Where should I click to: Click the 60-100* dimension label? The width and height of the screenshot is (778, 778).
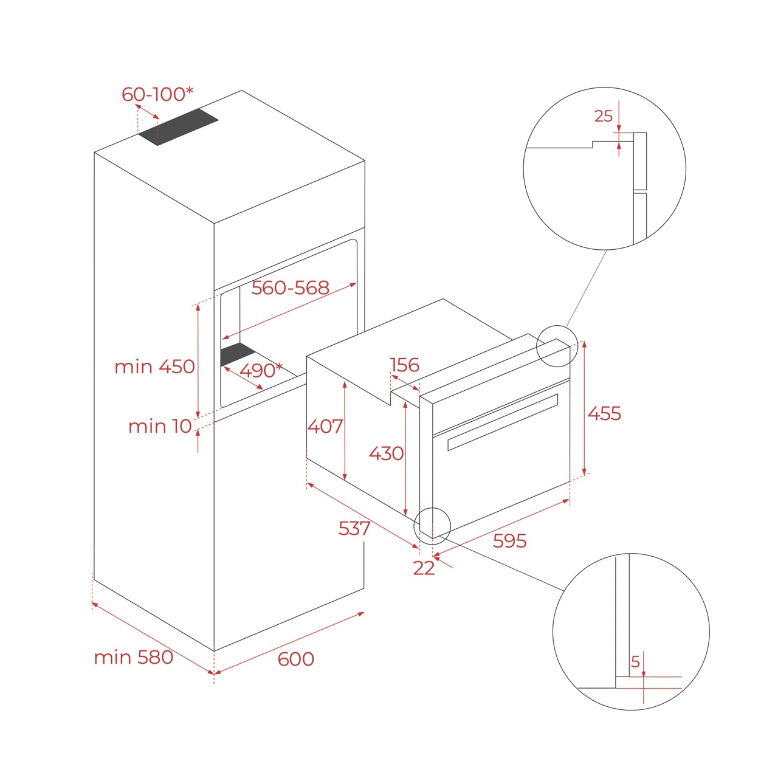[x=157, y=94]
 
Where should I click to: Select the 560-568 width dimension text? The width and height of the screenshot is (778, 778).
[x=290, y=287]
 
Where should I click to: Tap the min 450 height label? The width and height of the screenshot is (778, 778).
[x=154, y=367]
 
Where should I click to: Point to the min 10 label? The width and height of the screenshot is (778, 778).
[x=160, y=426]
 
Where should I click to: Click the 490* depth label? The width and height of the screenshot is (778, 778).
[x=261, y=370]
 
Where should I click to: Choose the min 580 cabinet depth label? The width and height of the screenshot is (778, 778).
[x=133, y=657]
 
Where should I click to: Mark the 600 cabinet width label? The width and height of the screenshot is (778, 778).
[x=295, y=659]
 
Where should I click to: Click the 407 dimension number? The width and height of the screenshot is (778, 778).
[x=325, y=426]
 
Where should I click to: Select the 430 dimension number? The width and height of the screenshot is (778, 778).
[x=386, y=453]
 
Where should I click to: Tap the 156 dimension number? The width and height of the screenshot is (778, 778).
[x=404, y=365]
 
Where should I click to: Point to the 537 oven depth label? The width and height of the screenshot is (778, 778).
[x=354, y=528]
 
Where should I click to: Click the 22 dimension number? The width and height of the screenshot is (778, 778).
[x=424, y=568]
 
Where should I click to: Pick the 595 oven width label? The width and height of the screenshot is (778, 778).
[x=509, y=540]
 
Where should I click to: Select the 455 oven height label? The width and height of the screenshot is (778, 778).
[x=604, y=413]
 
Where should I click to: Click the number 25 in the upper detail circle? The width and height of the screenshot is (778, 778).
[x=603, y=116]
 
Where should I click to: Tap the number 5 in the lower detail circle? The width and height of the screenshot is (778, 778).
[x=635, y=661]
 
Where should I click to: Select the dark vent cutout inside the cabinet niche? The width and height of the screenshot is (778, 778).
[x=238, y=353]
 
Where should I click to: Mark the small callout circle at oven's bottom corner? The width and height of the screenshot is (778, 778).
[x=432, y=526]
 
